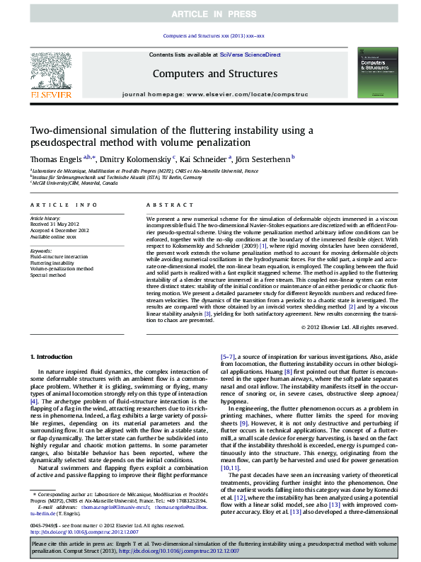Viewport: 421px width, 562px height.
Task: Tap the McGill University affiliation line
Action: point(74,183)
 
